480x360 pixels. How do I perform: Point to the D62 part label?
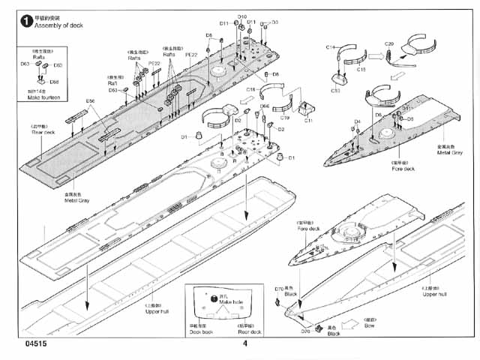[58, 66]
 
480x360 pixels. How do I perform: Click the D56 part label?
[90, 101]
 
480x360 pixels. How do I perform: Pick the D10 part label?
[241, 16]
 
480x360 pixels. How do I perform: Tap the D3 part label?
[274, 22]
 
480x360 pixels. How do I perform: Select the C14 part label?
[331, 47]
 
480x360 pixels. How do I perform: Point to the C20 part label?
[389, 43]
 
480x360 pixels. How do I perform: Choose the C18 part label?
[251, 90]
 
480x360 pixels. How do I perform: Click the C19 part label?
[284, 118]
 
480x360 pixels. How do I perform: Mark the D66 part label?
[265, 106]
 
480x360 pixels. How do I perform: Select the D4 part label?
[357, 121]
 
